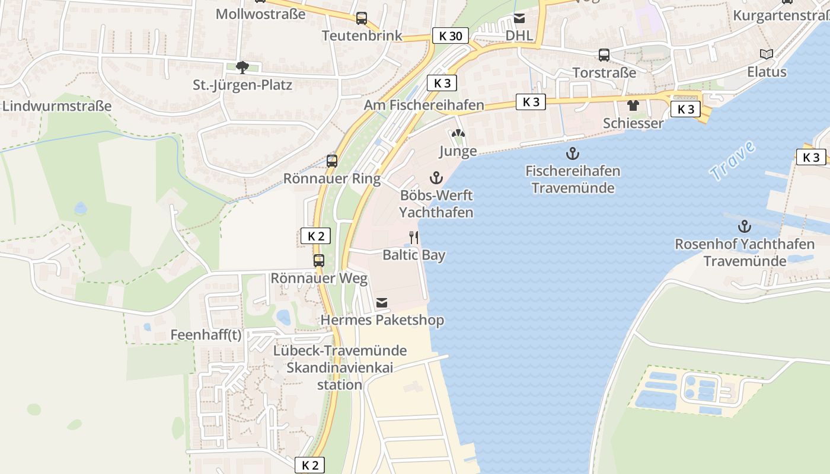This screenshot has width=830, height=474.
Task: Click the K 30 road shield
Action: pyautogui.click(x=450, y=36)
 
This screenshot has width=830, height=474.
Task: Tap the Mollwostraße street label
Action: pyautogui.click(x=260, y=14)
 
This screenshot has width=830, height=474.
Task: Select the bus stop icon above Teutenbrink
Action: pyautogui.click(x=362, y=18)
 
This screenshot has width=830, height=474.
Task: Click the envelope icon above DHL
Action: pyautogui.click(x=519, y=18)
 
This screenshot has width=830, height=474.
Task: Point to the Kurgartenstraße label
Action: pyautogui.click(x=781, y=15)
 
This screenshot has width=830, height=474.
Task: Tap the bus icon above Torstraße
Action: pyautogui.click(x=604, y=55)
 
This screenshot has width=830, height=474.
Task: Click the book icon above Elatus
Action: pyautogui.click(x=767, y=55)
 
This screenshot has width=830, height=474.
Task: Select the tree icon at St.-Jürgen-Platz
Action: pyautogui.click(x=242, y=68)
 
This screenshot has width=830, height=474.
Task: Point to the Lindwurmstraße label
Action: pyautogui.click(x=57, y=106)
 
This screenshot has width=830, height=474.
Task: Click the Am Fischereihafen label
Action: pyautogui.click(x=424, y=105)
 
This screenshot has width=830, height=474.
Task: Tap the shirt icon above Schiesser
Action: pyautogui.click(x=633, y=106)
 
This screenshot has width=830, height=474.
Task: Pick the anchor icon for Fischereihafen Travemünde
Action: pyautogui.click(x=572, y=154)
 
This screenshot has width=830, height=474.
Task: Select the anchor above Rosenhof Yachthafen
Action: pyautogui.click(x=744, y=226)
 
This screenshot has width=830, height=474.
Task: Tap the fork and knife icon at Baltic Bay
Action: pyautogui.click(x=414, y=238)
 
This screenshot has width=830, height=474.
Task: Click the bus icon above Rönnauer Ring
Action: pyautogui.click(x=332, y=161)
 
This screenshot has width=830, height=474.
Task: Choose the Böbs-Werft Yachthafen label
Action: pyautogui.click(x=436, y=203)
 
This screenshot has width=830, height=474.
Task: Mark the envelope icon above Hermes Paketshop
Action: pyautogui.click(x=382, y=303)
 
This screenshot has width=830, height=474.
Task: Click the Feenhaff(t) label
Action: pyautogui.click(x=206, y=335)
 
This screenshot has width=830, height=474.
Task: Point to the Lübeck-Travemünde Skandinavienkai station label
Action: pyautogui.click(x=340, y=367)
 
